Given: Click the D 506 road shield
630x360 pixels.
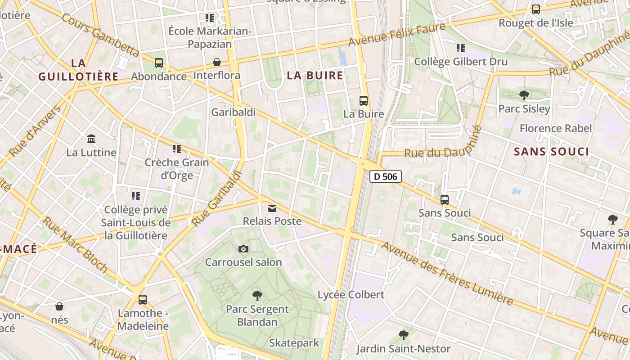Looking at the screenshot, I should click(x=386, y=176).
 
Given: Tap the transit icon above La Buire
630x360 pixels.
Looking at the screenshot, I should click(x=364, y=101).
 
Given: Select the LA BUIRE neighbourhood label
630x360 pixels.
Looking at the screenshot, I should click(x=315, y=75).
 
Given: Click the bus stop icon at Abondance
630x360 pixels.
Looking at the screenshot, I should click(x=159, y=63).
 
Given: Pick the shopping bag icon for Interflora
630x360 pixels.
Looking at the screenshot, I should click(x=217, y=62).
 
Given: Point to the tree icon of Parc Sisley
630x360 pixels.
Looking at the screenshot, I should click(x=524, y=95).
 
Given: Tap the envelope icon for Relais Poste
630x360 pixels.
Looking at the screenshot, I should click(x=272, y=208).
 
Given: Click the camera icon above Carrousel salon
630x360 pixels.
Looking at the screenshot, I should click(x=243, y=249).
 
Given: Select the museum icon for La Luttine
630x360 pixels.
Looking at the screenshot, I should click(x=91, y=139).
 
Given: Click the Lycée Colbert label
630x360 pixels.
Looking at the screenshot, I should click(x=351, y=295).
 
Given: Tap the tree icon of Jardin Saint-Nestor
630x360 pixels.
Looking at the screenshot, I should click(x=404, y=335).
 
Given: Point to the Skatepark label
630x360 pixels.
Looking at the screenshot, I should click(x=294, y=343).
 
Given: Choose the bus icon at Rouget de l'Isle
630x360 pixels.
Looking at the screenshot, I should click(x=535, y=9).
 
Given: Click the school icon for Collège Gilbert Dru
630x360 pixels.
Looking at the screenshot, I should click(x=460, y=48).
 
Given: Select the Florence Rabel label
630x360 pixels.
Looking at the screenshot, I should click(x=555, y=128).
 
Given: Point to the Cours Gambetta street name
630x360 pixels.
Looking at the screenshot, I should click(x=100, y=35).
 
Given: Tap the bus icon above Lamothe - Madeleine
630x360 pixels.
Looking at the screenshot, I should click(x=143, y=299).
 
